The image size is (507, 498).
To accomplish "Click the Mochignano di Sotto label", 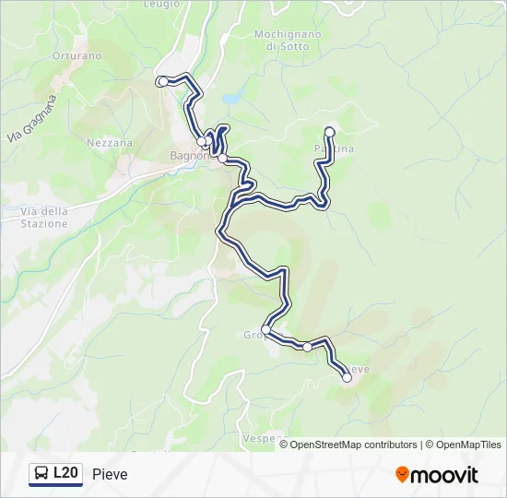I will pyautogui.click(x=288, y=40).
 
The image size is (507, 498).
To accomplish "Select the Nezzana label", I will pyautogui.click(x=109, y=143).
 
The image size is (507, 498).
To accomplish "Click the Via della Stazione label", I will pyautogui.click(x=44, y=217).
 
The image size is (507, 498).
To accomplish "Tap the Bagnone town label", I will pyautogui.click(x=189, y=155).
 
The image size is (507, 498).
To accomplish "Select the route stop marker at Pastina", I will pyautogui.click(x=330, y=131).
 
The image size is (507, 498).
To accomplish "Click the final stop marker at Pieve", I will pyautogui.click(x=347, y=377).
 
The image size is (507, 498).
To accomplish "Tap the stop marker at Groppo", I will pyautogui.click(x=265, y=329).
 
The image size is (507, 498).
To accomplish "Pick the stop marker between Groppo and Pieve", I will pyautogui.click(x=307, y=347).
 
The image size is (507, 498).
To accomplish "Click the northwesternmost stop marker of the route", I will pyautogui.click(x=163, y=82).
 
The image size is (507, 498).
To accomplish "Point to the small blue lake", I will pyautogui.click(x=232, y=97).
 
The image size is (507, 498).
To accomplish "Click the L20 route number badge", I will pyautogui.click(x=65, y=473).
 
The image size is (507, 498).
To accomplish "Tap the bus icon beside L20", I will pyautogui.click(x=41, y=474).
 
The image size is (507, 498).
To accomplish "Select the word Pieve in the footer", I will pyautogui.click(x=110, y=474).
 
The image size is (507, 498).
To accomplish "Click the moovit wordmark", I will pyautogui.click(x=444, y=475).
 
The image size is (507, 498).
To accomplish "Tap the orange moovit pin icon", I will pyautogui.click(x=402, y=474).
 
